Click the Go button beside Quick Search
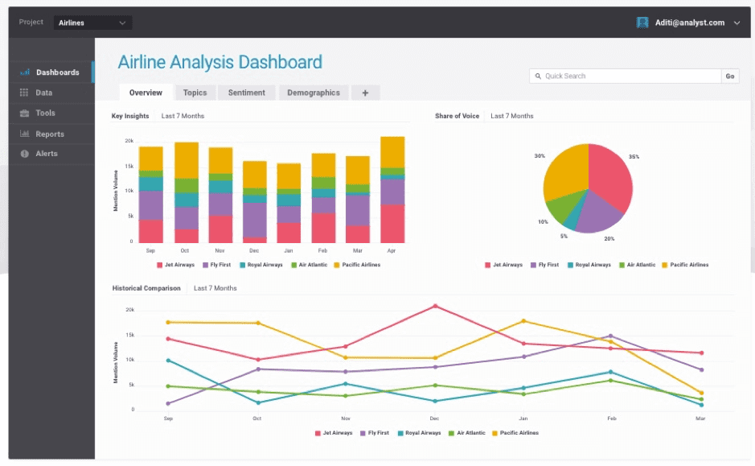[x=730, y=76]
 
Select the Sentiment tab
[x=246, y=93]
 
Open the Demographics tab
[x=314, y=93]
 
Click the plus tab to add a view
[x=365, y=93]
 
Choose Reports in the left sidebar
[x=50, y=134]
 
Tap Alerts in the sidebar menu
[x=47, y=153]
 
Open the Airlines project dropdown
[x=93, y=23]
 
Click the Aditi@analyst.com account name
[x=691, y=23]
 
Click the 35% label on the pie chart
[x=634, y=157]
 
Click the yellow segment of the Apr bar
[x=392, y=151]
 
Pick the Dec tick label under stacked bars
[x=255, y=250]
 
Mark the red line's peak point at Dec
[x=435, y=306]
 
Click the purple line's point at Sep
[x=167, y=403]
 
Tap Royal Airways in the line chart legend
[x=421, y=433]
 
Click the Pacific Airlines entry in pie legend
[x=689, y=265]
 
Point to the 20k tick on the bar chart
[x=129, y=141]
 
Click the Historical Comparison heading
[x=146, y=288]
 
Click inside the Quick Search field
[x=627, y=76]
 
